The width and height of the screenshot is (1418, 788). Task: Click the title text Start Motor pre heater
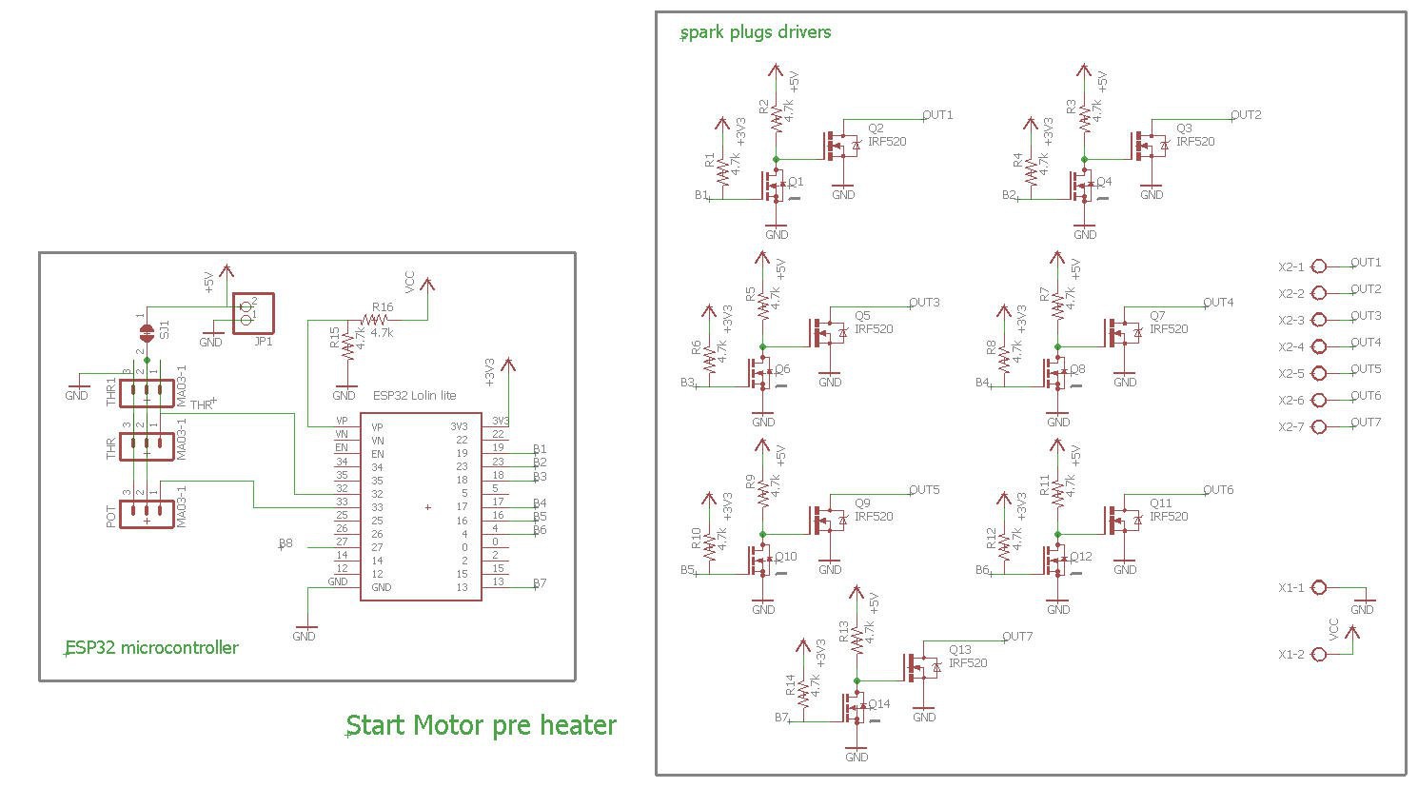[x=482, y=725]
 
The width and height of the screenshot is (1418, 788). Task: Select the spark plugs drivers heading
[x=756, y=32]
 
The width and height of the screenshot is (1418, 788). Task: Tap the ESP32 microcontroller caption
[x=151, y=648]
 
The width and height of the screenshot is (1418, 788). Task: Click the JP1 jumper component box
[x=253, y=312]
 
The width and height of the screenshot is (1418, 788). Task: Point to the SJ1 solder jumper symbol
[x=147, y=331]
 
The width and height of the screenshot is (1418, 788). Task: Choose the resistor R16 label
[x=383, y=307]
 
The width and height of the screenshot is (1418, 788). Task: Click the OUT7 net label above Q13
[x=1017, y=637]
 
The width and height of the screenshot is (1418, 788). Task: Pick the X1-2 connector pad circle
[x=1319, y=655]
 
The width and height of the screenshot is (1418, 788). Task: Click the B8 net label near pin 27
[x=286, y=543]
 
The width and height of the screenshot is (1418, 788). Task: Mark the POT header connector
[x=147, y=515]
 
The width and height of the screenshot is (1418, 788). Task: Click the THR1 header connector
[x=147, y=392]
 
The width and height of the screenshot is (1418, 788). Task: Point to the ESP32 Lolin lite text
[x=414, y=396]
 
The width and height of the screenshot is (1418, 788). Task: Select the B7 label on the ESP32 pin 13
[x=540, y=583]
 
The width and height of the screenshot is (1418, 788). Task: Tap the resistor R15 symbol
[x=347, y=343]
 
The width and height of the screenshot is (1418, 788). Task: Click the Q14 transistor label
[x=879, y=704]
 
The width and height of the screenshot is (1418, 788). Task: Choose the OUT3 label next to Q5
[x=924, y=303]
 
